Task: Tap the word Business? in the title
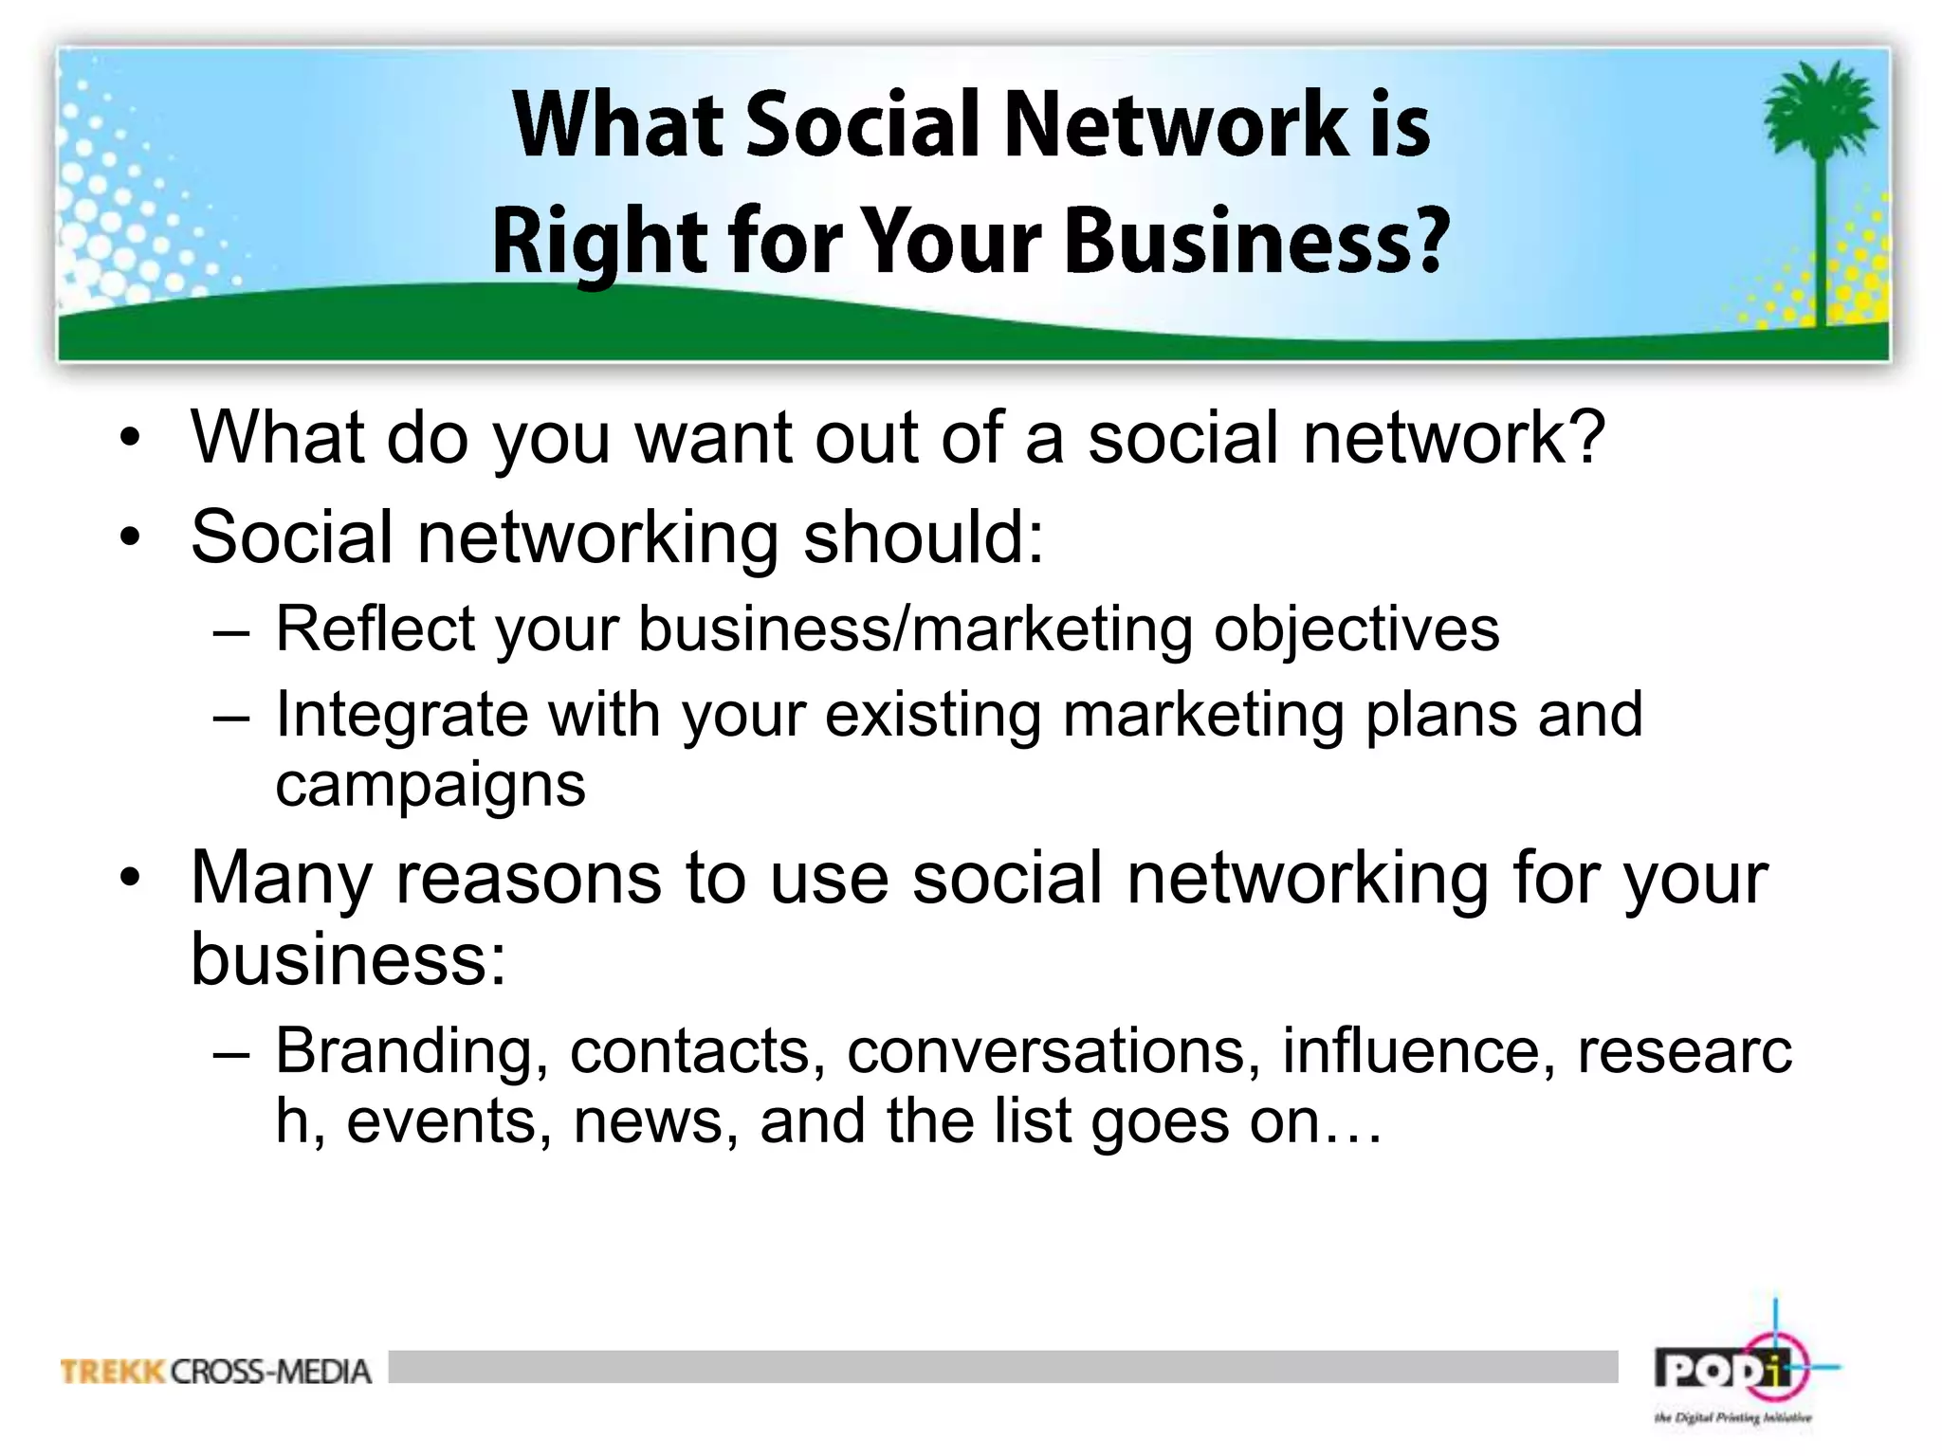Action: click(x=1257, y=241)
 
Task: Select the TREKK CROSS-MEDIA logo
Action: click(x=215, y=1372)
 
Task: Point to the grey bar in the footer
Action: click(x=1002, y=1367)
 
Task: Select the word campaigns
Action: click(x=431, y=785)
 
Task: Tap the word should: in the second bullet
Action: click(x=924, y=537)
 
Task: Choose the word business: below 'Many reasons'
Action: click(x=348, y=958)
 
